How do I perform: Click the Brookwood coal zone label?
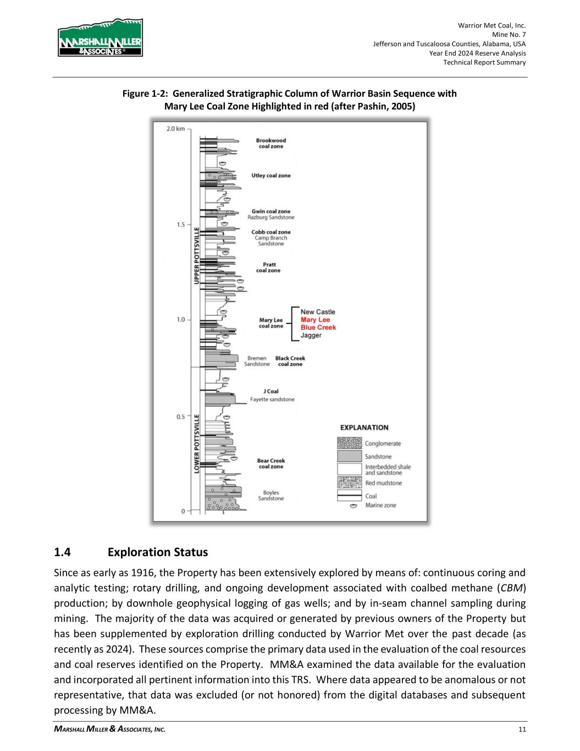pos(271,143)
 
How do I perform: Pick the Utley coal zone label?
pos(271,176)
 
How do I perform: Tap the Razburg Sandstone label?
pos(271,217)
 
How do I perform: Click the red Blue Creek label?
pos(318,327)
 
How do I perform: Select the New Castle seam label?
pos(318,312)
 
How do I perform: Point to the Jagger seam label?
pos(311,335)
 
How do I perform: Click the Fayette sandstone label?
pos(272,399)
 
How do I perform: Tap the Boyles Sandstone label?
pos(271,495)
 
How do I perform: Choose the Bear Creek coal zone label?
pos(271,463)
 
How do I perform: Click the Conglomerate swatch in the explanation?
pos(349,443)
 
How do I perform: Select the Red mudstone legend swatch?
pos(349,483)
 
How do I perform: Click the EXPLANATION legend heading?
pos(364,427)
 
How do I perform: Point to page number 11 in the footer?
pos(522,730)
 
